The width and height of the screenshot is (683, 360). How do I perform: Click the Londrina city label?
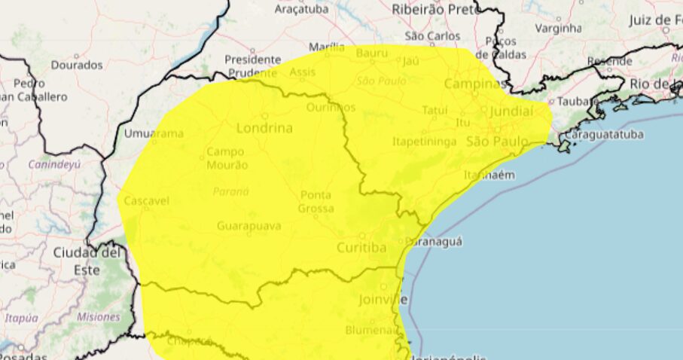pyautogui.click(x=264, y=127)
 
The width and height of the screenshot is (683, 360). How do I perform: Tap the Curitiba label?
pyautogui.click(x=361, y=247)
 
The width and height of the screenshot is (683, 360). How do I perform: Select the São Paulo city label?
pyautogui.click(x=498, y=142)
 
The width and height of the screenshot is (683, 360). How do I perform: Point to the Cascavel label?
pyautogui.click(x=146, y=201)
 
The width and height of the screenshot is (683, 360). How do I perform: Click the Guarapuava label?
pyautogui.click(x=249, y=225)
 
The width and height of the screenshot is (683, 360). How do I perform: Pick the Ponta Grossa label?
pyautogui.click(x=316, y=201)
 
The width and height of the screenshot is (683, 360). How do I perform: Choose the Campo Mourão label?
pyautogui.click(x=227, y=157)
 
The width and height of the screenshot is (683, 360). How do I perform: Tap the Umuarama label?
pyautogui.click(x=154, y=133)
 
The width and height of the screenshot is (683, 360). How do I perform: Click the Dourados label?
pyautogui.click(x=77, y=65)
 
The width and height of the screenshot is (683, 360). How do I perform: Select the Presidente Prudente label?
pyautogui.click(x=252, y=65)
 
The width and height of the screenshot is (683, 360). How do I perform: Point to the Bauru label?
pyautogui.click(x=372, y=53)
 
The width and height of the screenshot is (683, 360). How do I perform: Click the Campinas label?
pyautogui.click(x=475, y=83)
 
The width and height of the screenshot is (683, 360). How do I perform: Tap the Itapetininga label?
pyautogui.click(x=424, y=141)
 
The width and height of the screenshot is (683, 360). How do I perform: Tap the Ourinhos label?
pyautogui.click(x=330, y=107)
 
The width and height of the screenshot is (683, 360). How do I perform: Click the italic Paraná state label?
pyautogui.click(x=230, y=191)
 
